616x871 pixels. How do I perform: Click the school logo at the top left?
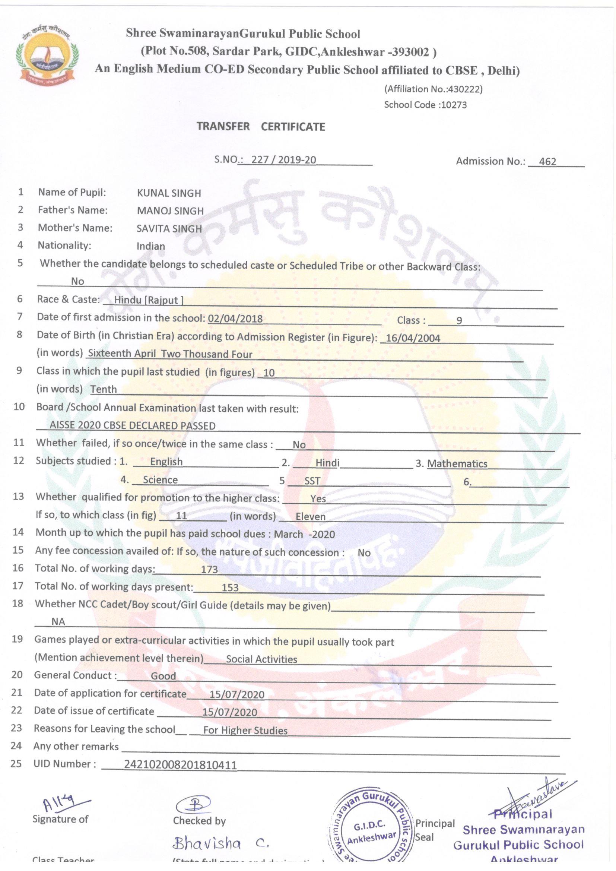pos(46,57)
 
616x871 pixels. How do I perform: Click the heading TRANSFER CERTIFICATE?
pos(261,127)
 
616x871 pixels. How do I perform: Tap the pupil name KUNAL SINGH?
pos(169,193)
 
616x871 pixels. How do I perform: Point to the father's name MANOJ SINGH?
pos(170,211)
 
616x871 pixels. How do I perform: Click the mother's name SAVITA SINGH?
pos(169,229)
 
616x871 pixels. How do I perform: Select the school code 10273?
pos(453,105)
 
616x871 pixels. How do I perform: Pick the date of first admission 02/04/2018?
pos(235,319)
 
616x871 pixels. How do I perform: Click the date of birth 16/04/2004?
pos(413,338)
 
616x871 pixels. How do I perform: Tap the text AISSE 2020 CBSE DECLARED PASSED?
pos(132,426)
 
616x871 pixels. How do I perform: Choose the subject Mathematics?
pos(457,463)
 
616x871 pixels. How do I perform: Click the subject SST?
pos(312,481)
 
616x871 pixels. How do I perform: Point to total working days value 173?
pos(209,569)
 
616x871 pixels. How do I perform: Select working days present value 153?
pos(230,587)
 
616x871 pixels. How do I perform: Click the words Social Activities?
pos(261,659)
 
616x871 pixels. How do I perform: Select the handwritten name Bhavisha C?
pos(220,843)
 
